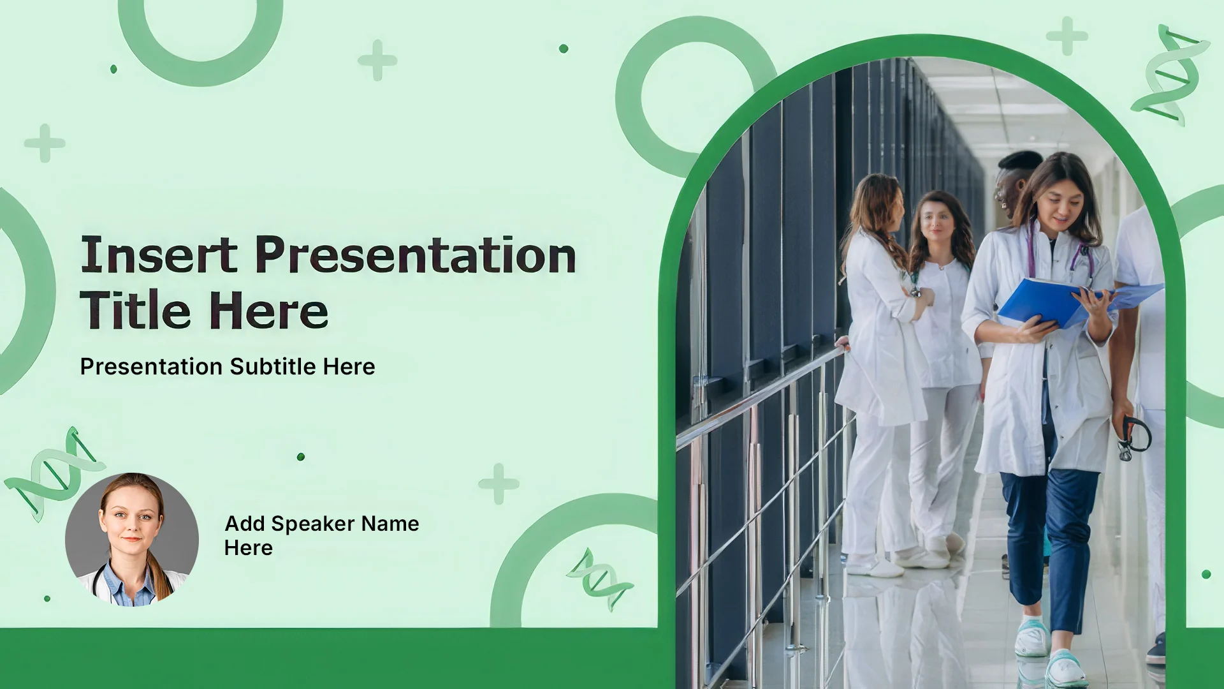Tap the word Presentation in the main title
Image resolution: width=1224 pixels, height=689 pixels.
(x=416, y=256)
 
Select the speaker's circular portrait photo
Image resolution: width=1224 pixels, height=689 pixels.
(x=132, y=540)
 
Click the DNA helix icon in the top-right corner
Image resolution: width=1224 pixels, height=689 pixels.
(x=1170, y=75)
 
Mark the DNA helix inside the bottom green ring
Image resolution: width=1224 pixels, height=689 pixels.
(x=599, y=579)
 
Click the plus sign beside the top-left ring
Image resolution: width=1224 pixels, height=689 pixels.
(x=377, y=61)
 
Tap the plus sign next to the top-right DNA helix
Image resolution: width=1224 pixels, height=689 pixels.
(x=1067, y=36)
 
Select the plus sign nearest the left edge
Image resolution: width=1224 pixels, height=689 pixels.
(x=45, y=143)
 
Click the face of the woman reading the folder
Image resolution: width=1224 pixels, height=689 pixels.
(x=1060, y=209)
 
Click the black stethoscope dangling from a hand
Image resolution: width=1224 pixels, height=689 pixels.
(x=1134, y=438)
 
